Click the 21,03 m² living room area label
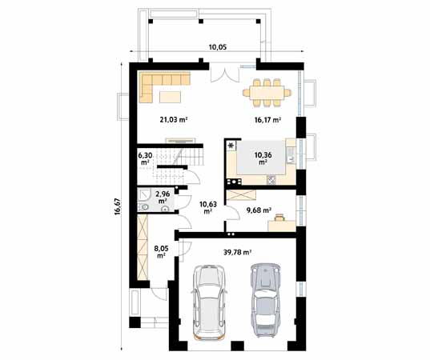[x=173, y=119]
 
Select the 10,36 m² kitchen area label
[x=263, y=158]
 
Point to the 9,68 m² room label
[x=259, y=210]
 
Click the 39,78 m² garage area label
[x=238, y=252]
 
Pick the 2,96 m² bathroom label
[x=163, y=198]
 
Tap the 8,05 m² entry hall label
[x=161, y=252]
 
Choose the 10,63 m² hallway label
[x=208, y=208]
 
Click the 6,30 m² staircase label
[x=145, y=158]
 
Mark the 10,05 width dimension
[x=218, y=47]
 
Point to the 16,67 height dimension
[x=118, y=206]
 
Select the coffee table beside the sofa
[x=170, y=97]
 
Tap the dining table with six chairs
[x=267, y=92]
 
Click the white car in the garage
[x=210, y=302]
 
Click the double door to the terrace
[x=225, y=74]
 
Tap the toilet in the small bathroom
[x=144, y=207]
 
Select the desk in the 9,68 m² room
[x=282, y=226]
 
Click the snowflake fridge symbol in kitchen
[x=231, y=145]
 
